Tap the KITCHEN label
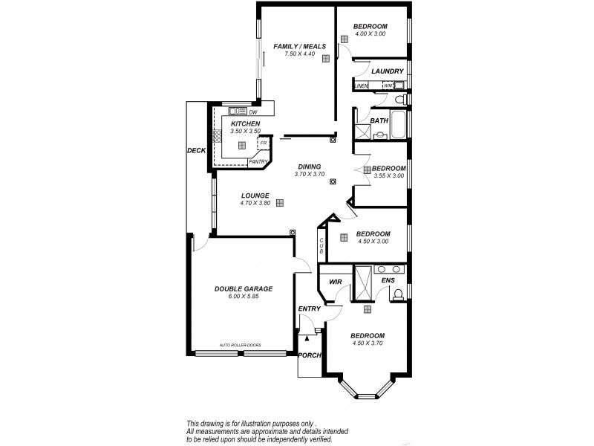(245, 123)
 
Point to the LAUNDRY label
(388, 71)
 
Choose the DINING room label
(309, 167)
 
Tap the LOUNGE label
(255, 195)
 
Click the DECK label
(196, 150)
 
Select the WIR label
(335, 282)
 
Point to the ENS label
(388, 280)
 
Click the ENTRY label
(309, 308)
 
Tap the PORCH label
(309, 355)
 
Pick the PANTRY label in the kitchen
(258, 161)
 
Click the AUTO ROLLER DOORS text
(240, 345)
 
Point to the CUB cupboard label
(322, 246)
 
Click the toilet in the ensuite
(398, 294)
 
